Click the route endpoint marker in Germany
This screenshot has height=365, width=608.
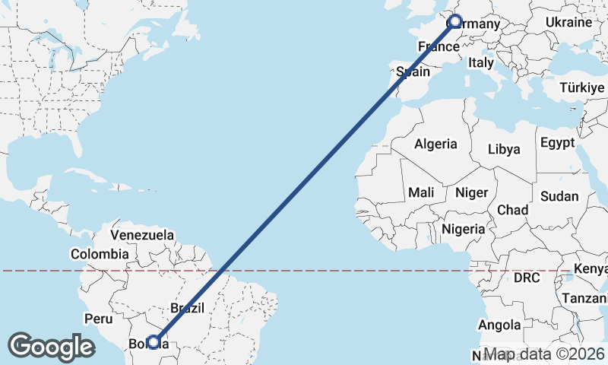(x=455, y=22)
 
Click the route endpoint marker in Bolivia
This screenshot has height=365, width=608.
(x=154, y=342)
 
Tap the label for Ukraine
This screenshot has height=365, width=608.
(x=568, y=23)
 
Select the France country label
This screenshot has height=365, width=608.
(x=439, y=47)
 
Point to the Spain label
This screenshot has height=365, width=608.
(x=413, y=72)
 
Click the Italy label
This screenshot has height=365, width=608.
(x=481, y=63)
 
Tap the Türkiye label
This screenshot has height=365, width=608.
(x=581, y=88)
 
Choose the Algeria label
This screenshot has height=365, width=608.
(x=435, y=144)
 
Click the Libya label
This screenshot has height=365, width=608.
(x=504, y=149)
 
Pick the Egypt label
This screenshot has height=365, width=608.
(x=558, y=143)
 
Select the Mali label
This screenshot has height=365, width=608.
(x=421, y=193)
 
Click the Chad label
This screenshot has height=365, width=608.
(x=512, y=209)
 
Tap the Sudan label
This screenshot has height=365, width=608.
(x=559, y=196)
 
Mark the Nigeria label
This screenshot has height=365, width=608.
(x=463, y=229)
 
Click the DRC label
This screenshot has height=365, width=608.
(x=526, y=278)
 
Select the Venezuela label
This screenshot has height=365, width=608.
(x=142, y=235)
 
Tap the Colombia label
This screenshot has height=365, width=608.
(x=100, y=254)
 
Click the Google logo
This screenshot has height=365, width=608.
(x=51, y=347)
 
